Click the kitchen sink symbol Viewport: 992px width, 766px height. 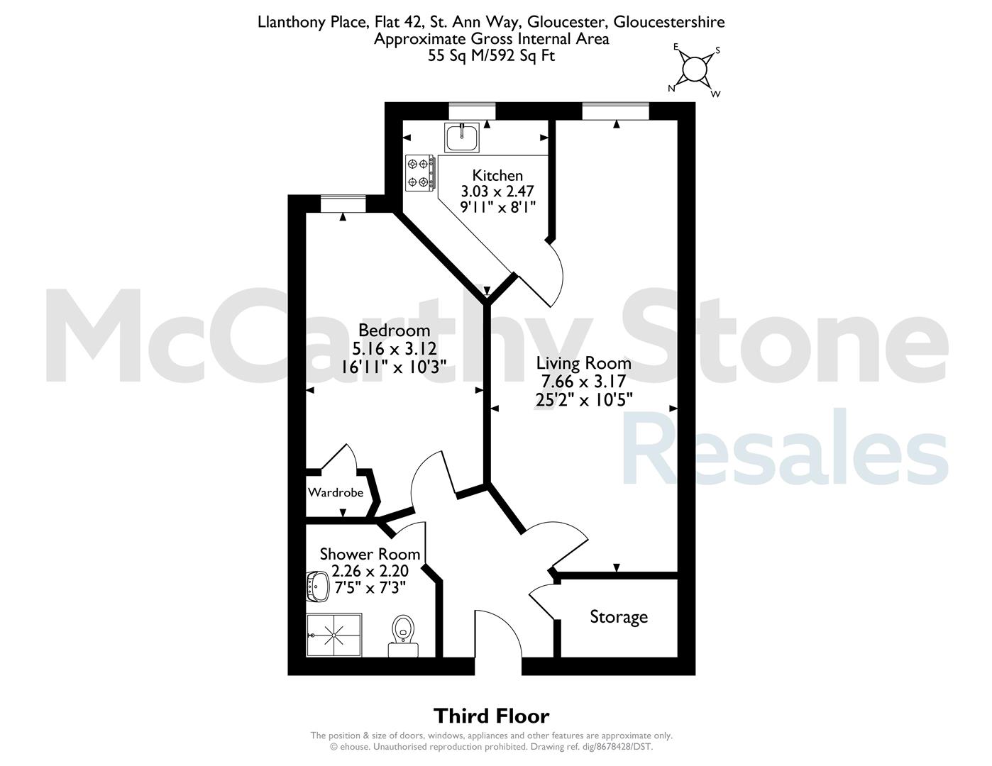(462, 138)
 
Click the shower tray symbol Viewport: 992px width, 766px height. (334, 635)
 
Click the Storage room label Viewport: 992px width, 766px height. (619, 617)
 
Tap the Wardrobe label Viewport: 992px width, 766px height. (336, 493)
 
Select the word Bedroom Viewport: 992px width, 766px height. (394, 330)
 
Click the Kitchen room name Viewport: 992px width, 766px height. (497, 176)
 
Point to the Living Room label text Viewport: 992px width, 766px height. (583, 363)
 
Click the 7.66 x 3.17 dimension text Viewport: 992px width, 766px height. (583, 381)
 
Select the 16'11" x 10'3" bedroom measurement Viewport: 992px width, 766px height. (394, 367)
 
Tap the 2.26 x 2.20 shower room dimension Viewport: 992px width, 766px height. (370, 571)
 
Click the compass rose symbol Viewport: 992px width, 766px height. (695, 70)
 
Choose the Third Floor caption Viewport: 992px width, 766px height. (491, 716)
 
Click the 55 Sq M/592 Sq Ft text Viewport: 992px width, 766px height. (491, 55)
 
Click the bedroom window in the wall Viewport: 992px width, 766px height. (343, 204)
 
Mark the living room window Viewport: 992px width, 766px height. (615, 111)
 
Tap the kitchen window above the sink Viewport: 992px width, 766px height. (472, 111)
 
